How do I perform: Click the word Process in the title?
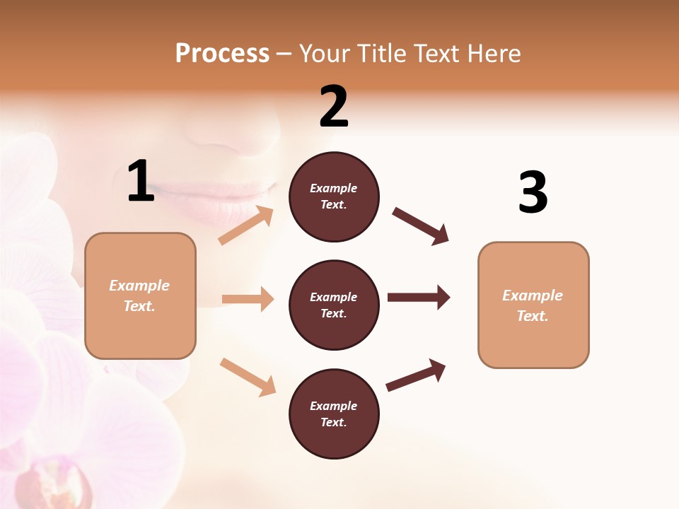[222, 53]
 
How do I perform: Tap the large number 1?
[141, 182]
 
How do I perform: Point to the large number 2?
[334, 107]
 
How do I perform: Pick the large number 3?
[533, 193]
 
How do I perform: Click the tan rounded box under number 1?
[140, 296]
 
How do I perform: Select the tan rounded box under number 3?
[533, 305]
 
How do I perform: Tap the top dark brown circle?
[334, 197]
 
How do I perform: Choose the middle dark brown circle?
[334, 305]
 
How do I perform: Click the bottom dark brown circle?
[334, 414]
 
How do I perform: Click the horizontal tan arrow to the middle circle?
[248, 299]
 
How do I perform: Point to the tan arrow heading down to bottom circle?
[248, 376]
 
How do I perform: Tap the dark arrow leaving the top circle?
[420, 226]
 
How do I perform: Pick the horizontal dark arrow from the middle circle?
[419, 298]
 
